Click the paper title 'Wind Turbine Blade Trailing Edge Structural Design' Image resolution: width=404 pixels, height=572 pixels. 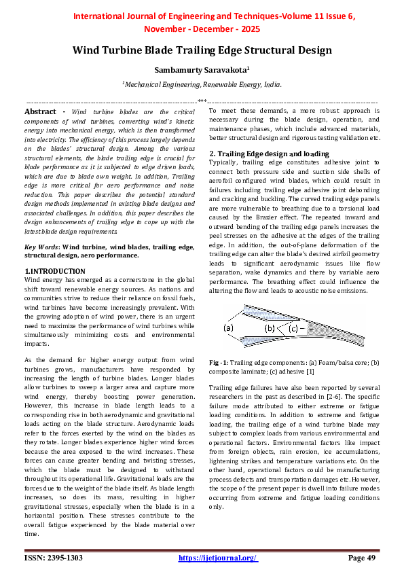click(202, 50)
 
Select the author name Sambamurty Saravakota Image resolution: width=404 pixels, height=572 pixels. click(202, 69)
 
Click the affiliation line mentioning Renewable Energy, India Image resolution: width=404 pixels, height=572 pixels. click(202, 84)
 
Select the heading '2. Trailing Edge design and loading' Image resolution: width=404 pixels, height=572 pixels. click(268, 154)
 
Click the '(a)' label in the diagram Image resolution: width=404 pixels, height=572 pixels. click(229, 328)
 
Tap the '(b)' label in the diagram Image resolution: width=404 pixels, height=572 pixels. click(270, 328)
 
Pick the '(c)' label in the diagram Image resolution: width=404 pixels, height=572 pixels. click(293, 328)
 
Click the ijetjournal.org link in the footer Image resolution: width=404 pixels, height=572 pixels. click(218, 558)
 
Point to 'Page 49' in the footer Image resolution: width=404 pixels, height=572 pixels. click(362, 558)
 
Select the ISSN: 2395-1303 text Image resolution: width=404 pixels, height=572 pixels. click(54, 558)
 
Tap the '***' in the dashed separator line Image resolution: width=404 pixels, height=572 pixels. click(202, 101)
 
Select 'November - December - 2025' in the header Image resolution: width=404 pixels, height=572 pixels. click(202, 30)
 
